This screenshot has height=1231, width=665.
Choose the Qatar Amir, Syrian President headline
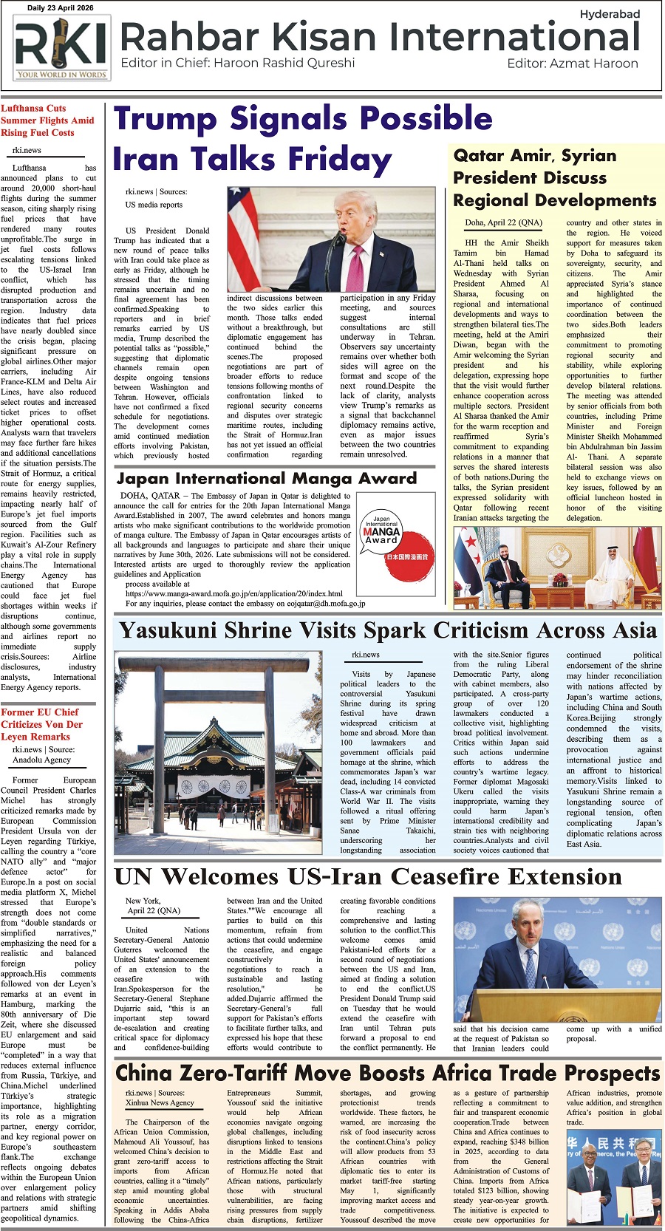click(554, 178)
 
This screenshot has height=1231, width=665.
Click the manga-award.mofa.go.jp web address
click(233, 593)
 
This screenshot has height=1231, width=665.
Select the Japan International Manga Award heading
click(267, 479)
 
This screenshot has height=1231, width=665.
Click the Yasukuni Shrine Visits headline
click(388, 631)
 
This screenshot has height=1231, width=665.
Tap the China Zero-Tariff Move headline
click(387, 1073)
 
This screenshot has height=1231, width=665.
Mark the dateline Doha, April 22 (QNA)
click(502, 222)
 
